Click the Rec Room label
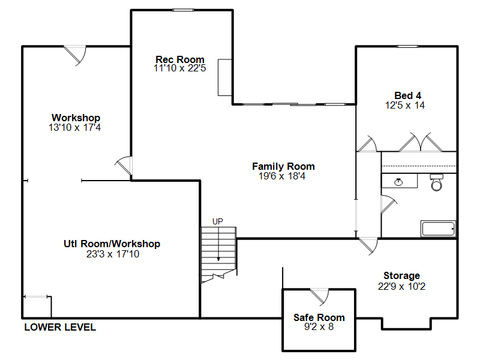click(179, 59)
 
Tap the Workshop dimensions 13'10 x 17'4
click(74, 127)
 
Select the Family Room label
click(283, 166)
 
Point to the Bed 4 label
click(407, 95)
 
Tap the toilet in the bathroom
click(436, 182)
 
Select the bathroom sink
click(398, 182)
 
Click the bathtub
click(439, 229)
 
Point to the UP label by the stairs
click(218, 221)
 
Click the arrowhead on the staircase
click(218, 259)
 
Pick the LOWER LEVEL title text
click(60, 327)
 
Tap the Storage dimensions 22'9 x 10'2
click(401, 286)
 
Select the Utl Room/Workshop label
click(112, 244)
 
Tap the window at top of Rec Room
click(183, 10)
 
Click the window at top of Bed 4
click(407, 46)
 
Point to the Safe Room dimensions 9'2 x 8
click(319, 326)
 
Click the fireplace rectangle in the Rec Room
click(224, 77)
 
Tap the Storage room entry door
click(369, 245)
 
